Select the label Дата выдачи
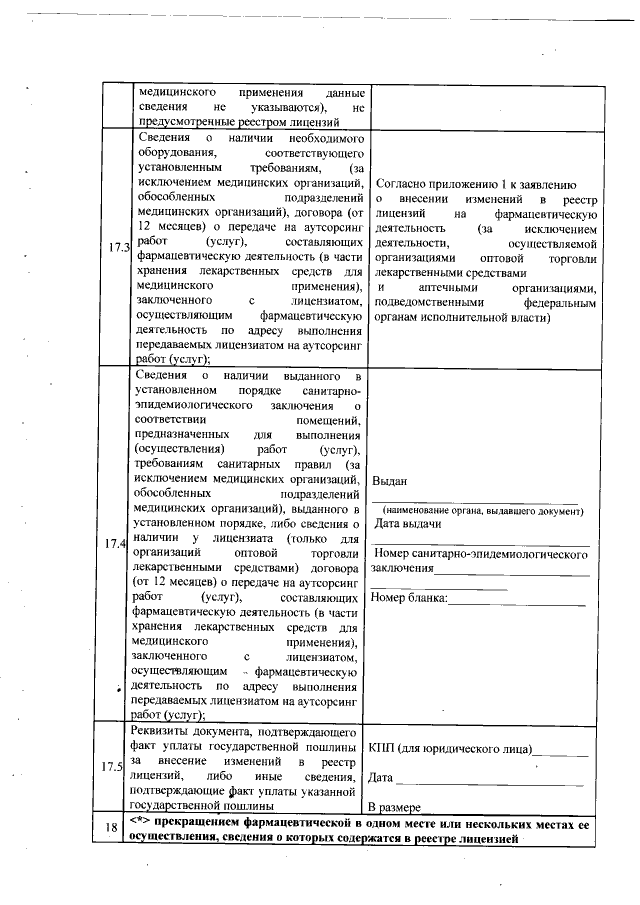[408, 524]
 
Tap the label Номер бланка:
[410, 599]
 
